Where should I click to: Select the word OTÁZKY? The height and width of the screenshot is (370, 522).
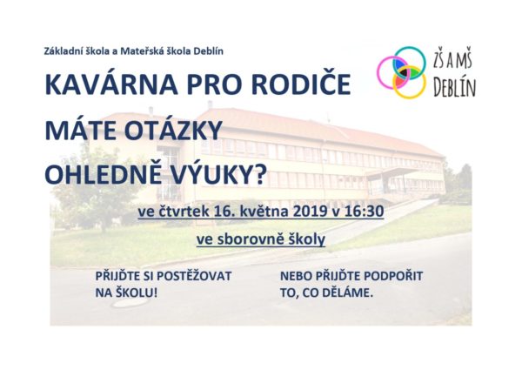click(x=173, y=130)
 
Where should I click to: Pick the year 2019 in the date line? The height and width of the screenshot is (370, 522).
click(x=310, y=212)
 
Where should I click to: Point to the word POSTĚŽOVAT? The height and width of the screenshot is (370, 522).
click(x=194, y=276)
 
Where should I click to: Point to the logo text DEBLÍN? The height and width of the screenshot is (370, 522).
click(x=455, y=88)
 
